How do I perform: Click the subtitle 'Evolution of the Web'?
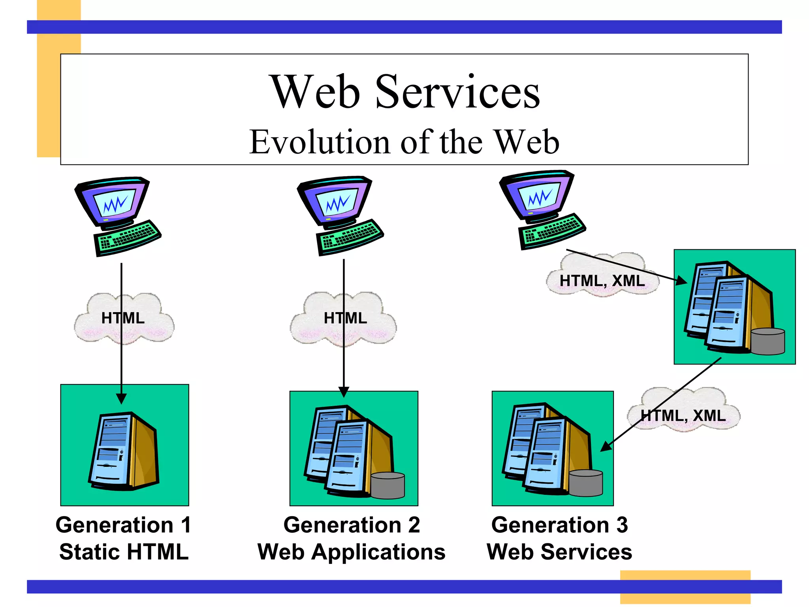pos(404,142)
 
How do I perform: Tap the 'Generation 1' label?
pos(123,525)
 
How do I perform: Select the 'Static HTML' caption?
pos(124,552)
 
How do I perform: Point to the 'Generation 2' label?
pos(352,525)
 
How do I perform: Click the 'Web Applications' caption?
pos(352,552)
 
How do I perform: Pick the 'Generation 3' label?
pos(559,525)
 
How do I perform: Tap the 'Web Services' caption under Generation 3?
pos(559,552)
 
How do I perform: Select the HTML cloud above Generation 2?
pos(344,318)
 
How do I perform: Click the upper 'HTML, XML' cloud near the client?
pos(602,277)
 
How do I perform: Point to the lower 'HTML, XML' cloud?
pos(683,411)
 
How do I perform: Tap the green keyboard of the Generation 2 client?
pos(350,236)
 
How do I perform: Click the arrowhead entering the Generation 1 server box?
pos(122,398)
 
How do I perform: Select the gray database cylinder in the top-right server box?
pos(768,341)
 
